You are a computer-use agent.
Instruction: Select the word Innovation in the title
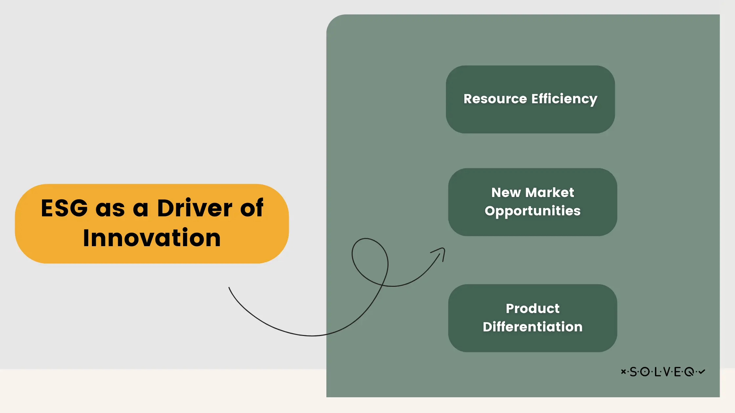point(152,238)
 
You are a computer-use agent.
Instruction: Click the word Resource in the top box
point(495,99)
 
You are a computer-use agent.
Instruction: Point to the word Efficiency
point(564,99)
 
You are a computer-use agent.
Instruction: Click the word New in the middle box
point(506,192)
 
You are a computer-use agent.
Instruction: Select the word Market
point(550,192)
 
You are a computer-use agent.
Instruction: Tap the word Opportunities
point(533,211)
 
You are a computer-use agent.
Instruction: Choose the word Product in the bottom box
point(533,308)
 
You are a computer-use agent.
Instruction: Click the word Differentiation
point(533,327)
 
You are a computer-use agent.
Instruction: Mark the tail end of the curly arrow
point(229,288)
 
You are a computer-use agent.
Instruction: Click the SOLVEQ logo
point(663,372)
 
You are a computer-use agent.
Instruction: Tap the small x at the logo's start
point(623,371)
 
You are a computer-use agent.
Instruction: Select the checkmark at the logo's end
point(702,371)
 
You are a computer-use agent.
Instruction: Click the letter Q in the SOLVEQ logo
point(689,372)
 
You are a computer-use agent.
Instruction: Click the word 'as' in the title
point(110,208)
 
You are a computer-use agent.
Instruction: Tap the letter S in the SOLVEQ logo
point(633,372)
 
